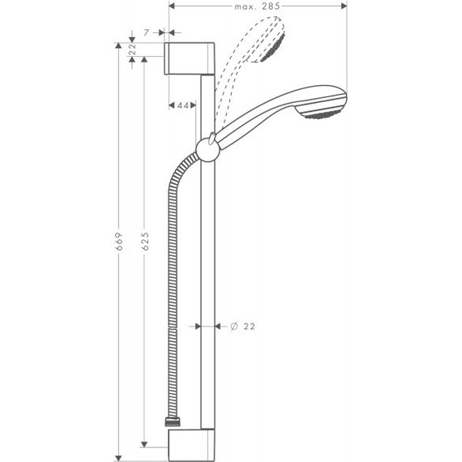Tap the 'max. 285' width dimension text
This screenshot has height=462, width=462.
tap(258, 6)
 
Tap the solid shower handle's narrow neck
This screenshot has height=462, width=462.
tap(243, 125)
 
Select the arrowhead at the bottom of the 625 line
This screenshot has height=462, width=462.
tap(144, 443)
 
